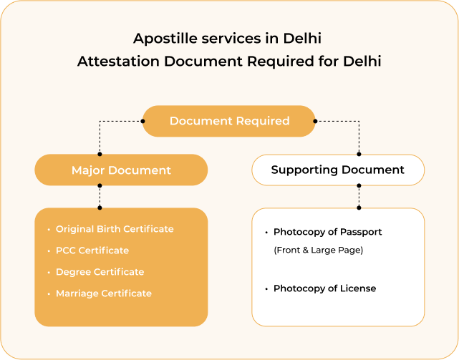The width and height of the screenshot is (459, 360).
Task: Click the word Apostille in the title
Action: coord(160,37)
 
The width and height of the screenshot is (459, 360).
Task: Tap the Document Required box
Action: coord(229,121)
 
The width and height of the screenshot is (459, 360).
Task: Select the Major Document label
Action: coord(121,170)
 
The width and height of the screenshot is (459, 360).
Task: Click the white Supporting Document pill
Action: coord(337,170)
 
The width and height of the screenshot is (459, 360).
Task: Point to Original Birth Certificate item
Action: coord(115,229)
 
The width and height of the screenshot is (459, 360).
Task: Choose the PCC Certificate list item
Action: coord(92,250)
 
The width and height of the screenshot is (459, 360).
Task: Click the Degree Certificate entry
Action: coord(100,272)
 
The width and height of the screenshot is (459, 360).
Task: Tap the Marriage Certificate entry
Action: coord(104,293)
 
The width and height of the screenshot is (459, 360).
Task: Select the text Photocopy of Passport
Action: coord(327,232)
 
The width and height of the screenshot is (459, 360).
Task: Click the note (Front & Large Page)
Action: coord(319,250)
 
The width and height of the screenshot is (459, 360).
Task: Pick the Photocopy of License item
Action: coord(324,288)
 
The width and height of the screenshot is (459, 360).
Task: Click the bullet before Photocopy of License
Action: coord(266,289)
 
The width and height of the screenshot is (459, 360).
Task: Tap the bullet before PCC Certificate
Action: coord(49,251)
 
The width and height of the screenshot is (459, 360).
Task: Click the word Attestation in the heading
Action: coord(118,62)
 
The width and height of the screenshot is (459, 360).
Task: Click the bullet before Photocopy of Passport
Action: coord(266,233)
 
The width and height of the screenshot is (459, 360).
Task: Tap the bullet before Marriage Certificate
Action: coord(49,294)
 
